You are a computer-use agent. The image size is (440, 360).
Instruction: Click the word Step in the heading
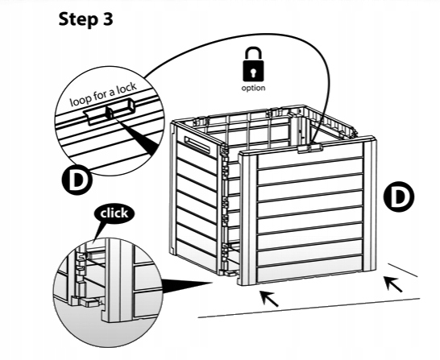point(77,20)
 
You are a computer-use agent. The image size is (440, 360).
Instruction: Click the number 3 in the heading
point(107,19)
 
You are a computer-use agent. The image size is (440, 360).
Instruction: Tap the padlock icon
point(253,64)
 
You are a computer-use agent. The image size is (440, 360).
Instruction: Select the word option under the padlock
point(253,88)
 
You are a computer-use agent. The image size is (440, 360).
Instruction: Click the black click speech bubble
point(114,213)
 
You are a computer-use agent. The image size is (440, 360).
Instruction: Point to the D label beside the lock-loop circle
point(77,180)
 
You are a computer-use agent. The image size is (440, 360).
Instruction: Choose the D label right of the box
point(398,197)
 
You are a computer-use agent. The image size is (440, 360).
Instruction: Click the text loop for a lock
point(103,94)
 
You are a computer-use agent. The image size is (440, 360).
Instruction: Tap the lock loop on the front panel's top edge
point(309,148)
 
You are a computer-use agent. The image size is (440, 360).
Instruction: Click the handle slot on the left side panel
point(197,144)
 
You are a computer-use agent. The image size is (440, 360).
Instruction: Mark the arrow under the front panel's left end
point(269,299)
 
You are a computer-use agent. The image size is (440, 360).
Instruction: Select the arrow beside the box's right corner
point(393,284)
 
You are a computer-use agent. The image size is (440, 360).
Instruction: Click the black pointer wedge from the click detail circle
point(187,286)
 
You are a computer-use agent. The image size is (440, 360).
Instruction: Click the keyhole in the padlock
point(253,72)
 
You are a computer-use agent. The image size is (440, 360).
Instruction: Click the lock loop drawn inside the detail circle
point(110,112)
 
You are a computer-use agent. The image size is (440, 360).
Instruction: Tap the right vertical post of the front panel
point(369,205)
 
